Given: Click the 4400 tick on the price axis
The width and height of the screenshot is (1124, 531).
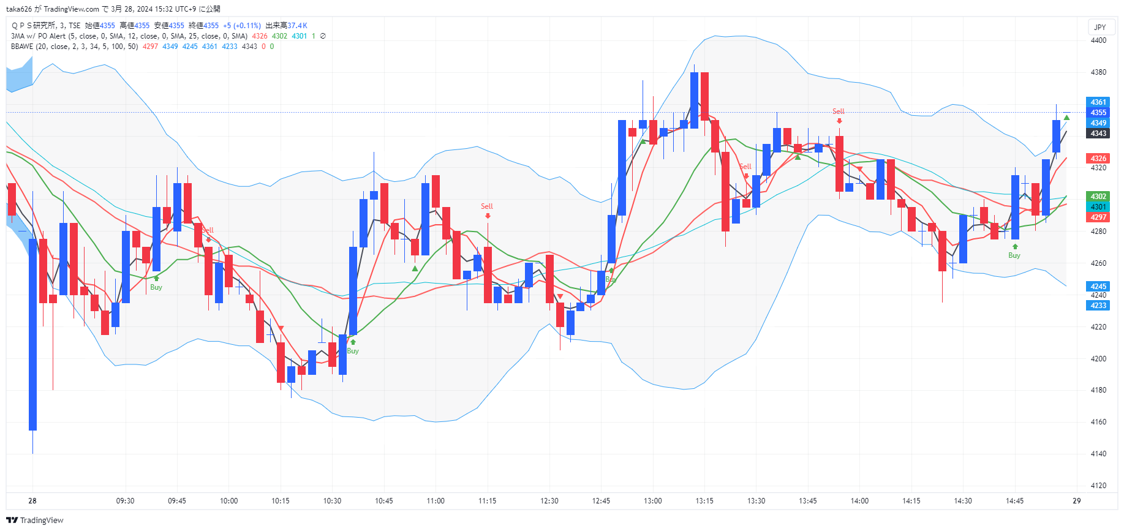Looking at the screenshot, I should pyautogui.click(x=1098, y=40).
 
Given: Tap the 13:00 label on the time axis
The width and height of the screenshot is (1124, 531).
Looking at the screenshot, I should pyautogui.click(x=652, y=501).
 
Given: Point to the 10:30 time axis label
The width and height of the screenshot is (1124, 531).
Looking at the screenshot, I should pyautogui.click(x=332, y=501).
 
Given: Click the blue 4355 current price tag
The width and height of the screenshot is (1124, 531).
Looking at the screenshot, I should pyautogui.click(x=1098, y=113).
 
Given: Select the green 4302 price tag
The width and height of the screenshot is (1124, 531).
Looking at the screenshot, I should pyautogui.click(x=1098, y=197).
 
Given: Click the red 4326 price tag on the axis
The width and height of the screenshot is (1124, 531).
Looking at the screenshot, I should pyautogui.click(x=1098, y=159).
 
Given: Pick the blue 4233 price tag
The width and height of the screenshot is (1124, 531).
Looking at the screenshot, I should pyautogui.click(x=1098, y=306).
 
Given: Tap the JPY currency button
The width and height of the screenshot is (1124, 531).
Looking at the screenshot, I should pyautogui.click(x=1100, y=27).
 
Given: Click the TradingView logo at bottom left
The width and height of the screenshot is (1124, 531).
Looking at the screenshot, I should pyautogui.click(x=35, y=520).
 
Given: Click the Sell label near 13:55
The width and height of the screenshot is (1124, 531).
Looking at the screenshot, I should pyautogui.click(x=838, y=111).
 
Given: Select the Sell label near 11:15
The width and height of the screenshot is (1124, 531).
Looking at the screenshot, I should pyautogui.click(x=486, y=206).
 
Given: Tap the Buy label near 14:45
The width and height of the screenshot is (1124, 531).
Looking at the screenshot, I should pyautogui.click(x=1014, y=255).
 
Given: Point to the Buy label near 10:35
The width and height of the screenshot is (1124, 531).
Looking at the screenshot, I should pyautogui.click(x=353, y=351).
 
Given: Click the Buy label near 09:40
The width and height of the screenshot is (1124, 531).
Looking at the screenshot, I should pyautogui.click(x=156, y=287).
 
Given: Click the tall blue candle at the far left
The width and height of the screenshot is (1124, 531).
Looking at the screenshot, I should pyautogui.click(x=32, y=334).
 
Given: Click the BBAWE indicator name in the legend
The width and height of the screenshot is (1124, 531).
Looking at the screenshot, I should pyautogui.click(x=22, y=47).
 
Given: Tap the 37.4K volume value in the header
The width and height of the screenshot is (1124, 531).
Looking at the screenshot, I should pyautogui.click(x=297, y=26).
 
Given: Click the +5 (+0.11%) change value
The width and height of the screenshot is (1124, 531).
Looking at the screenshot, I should pyautogui.click(x=242, y=26).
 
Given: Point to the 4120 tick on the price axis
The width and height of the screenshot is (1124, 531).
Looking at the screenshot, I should pyautogui.click(x=1098, y=486).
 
